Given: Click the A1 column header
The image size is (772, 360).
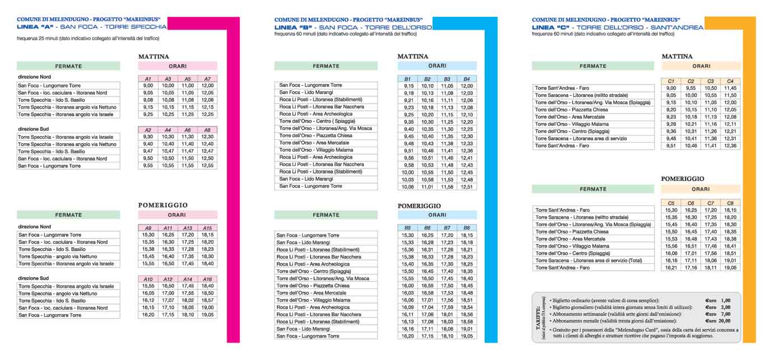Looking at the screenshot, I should [148, 78].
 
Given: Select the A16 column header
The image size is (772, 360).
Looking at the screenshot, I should [207, 279].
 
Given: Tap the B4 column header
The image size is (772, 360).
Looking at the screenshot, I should [467, 79].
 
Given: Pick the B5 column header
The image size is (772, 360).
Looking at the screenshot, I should [408, 228].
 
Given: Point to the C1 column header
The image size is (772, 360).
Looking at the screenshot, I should [671, 81].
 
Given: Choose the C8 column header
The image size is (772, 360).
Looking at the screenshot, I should [730, 203].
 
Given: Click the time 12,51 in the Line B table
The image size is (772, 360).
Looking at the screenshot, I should [467, 187].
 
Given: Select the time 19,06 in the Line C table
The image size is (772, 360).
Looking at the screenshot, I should [730, 268].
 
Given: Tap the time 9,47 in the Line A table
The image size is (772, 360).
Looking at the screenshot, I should [148, 151].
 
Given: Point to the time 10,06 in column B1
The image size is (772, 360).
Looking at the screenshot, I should [408, 187].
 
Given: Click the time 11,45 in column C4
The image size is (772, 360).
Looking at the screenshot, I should [730, 88].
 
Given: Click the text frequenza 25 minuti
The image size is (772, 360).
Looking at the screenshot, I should [39, 39].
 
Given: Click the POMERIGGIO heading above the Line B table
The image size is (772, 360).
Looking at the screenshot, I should [419, 205].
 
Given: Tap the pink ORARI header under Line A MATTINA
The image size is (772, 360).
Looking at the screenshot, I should [178, 66].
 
